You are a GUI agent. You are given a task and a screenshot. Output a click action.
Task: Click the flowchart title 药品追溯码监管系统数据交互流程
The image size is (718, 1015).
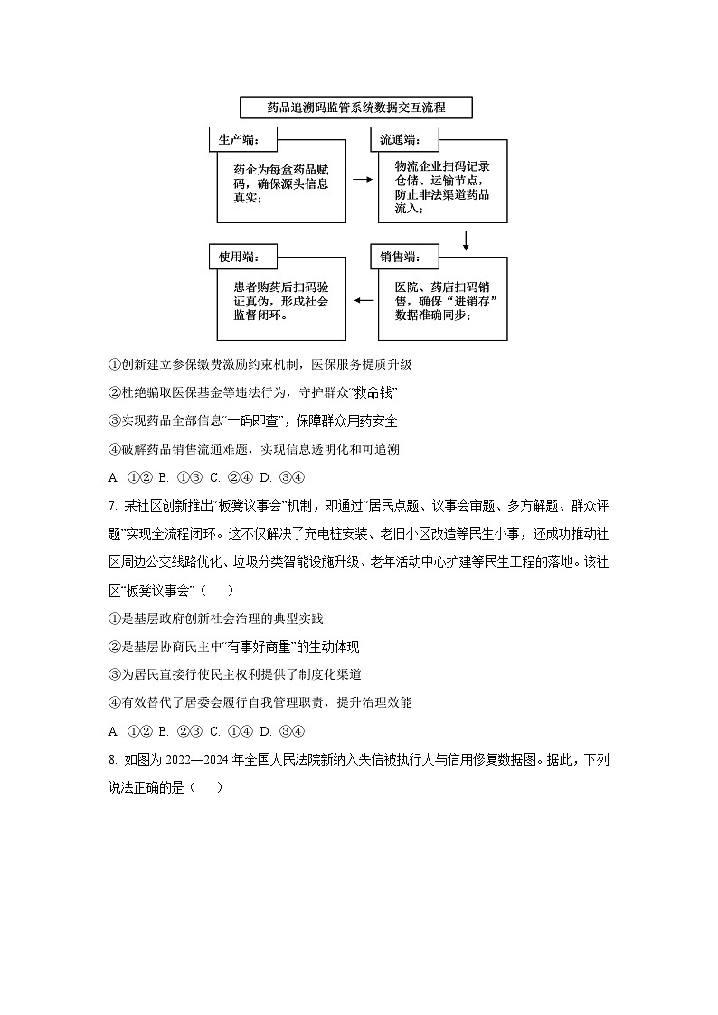[356, 108]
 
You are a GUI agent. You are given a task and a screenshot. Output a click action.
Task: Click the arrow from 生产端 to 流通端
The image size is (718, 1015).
[362, 180]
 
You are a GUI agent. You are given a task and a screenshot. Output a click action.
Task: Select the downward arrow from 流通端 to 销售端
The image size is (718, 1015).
[466, 240]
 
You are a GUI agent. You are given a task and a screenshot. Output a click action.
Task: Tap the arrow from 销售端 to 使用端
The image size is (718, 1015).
[362, 297]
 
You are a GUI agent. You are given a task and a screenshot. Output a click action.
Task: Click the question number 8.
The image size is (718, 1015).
[112, 759]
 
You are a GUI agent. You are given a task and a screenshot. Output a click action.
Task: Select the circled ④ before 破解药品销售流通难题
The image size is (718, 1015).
[114, 449]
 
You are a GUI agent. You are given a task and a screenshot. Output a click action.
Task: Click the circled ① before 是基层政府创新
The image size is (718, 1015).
[114, 618]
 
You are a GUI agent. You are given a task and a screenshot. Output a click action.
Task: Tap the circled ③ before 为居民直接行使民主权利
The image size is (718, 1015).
[114, 674]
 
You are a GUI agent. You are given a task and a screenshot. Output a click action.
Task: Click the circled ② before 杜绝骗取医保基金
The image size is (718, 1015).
[114, 393]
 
